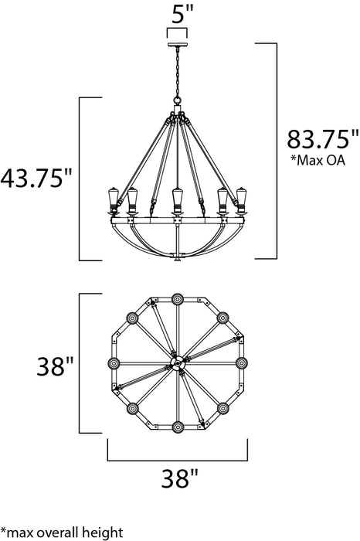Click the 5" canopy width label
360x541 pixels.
[178, 13]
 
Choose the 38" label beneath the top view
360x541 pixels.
[178, 480]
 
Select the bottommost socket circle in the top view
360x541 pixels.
[178, 427]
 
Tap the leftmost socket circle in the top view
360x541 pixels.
[114, 363]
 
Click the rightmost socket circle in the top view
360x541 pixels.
[242, 363]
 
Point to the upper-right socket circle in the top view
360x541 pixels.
[224, 317]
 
